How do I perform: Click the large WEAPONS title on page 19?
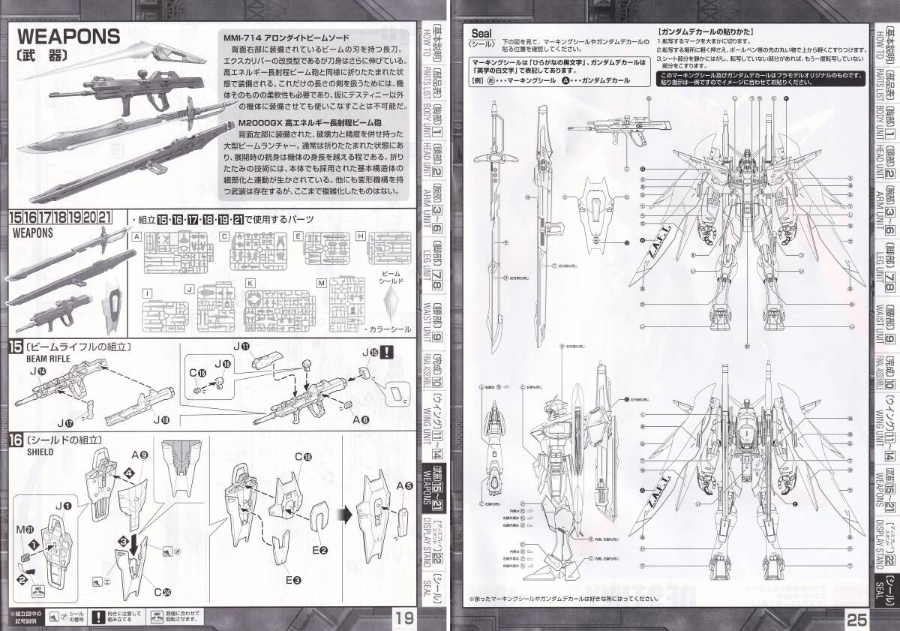click(68, 36)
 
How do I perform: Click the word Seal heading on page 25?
click(481, 33)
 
